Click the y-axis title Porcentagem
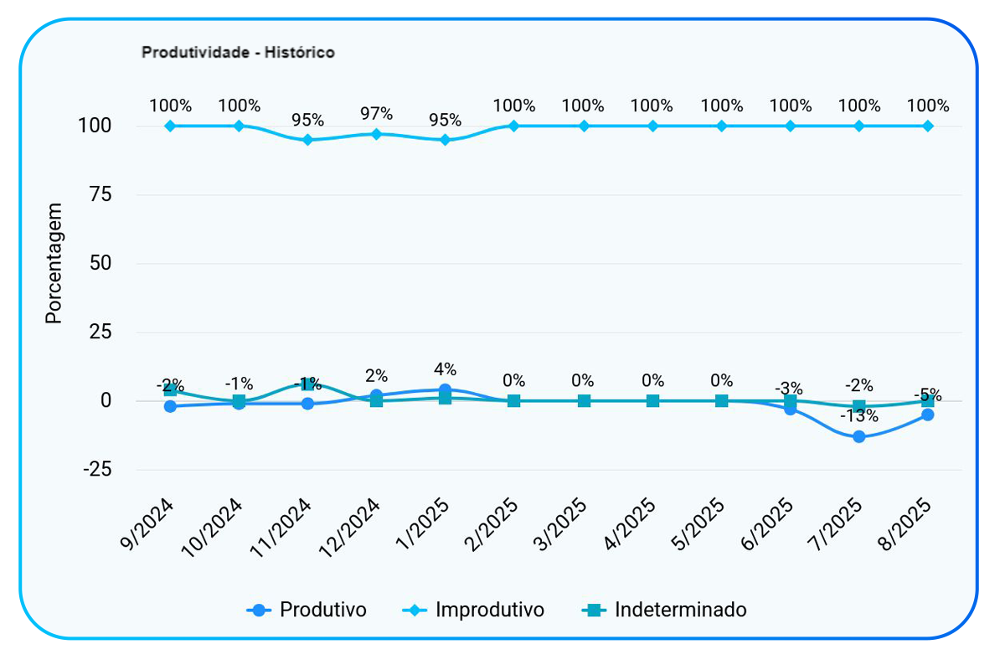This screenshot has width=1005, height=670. (54, 263)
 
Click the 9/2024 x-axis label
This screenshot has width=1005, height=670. (148, 525)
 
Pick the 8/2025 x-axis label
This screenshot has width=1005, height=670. (906, 525)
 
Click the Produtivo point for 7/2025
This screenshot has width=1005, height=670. (858, 436)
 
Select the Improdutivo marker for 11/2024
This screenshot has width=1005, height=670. (307, 140)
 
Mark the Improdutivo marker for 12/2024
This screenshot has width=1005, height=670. (376, 134)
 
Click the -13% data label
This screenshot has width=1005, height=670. (859, 416)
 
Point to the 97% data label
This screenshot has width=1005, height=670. (376, 113)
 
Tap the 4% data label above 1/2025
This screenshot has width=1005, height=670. (445, 369)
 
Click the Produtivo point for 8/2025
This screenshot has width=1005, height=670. (927, 415)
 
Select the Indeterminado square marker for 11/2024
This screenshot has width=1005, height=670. (307, 384)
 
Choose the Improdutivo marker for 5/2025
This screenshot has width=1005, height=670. (721, 126)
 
